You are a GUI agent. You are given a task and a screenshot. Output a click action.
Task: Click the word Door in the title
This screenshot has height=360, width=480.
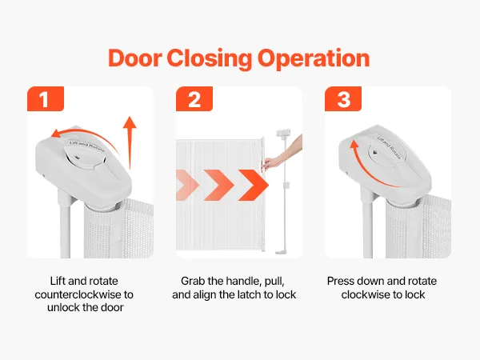pyautogui.click(x=134, y=58)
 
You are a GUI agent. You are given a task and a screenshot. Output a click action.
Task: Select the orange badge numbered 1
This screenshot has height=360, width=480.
pyautogui.click(x=46, y=99)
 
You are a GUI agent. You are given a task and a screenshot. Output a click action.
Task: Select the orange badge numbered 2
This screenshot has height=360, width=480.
pyautogui.click(x=194, y=99)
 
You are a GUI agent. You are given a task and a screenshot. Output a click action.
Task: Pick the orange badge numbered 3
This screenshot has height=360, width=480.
pyautogui.click(x=343, y=99)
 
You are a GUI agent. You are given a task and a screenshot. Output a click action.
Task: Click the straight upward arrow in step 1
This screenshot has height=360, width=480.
pyautogui.click(x=130, y=142)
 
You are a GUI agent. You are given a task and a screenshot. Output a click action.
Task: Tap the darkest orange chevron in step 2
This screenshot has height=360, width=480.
pyautogui.click(x=254, y=185)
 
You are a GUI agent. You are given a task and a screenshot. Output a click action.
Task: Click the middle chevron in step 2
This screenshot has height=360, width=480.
pyautogui.click(x=219, y=185)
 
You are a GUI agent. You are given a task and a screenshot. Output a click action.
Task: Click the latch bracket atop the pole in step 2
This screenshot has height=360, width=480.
pyautogui.click(x=283, y=133)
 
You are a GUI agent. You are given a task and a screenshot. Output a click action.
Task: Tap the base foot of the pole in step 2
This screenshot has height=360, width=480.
pyautogui.click(x=282, y=252)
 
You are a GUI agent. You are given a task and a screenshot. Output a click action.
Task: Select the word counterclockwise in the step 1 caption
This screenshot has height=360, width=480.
pyautogui.click(x=78, y=294)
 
